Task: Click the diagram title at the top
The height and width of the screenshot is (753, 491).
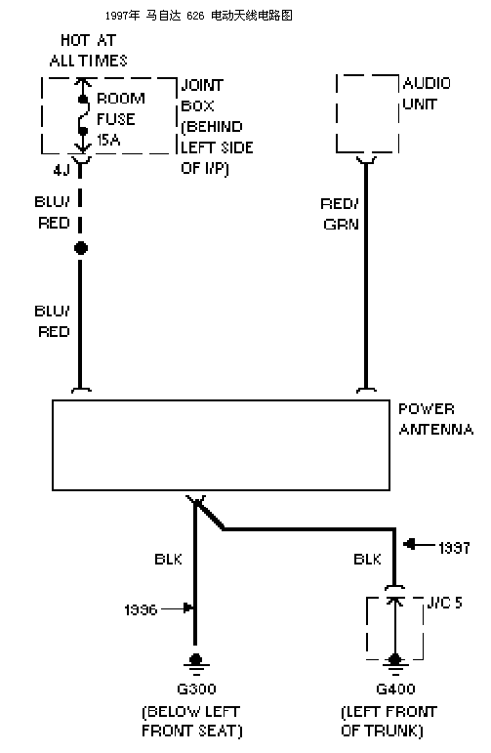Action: point(199,16)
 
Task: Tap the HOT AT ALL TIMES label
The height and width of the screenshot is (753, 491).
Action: point(88,51)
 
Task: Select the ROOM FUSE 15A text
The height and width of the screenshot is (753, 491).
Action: point(120,119)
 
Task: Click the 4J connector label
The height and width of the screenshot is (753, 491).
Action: point(61,170)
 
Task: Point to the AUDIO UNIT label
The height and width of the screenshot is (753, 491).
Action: point(427,94)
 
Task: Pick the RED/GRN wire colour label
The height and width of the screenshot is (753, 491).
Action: point(341,214)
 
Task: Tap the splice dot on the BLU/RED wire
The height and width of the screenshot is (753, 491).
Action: point(81,248)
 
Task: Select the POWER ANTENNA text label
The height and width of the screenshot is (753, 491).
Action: point(435,419)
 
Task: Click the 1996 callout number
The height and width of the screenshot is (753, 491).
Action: point(141,609)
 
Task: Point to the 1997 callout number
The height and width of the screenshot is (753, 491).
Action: point(454,548)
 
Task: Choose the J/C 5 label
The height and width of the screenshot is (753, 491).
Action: point(444,603)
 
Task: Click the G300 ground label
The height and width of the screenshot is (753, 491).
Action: point(196,690)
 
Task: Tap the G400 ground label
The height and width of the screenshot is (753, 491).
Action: point(395,690)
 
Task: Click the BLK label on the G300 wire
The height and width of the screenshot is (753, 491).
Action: point(168,559)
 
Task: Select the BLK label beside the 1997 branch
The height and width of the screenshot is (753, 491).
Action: point(367,559)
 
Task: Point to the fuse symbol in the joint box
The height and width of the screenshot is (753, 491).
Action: point(83,115)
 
